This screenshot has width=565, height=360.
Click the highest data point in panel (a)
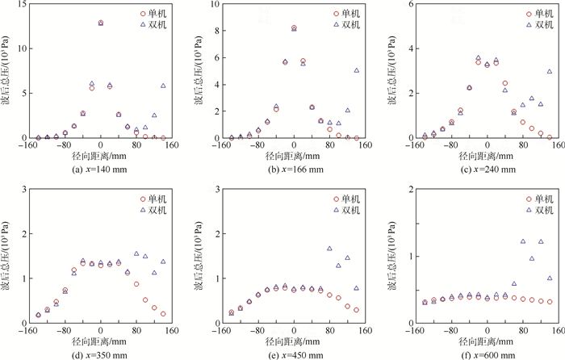click(101, 23)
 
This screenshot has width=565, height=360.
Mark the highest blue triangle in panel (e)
click(329, 249)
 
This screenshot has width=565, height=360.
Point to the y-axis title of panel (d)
click(7, 257)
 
